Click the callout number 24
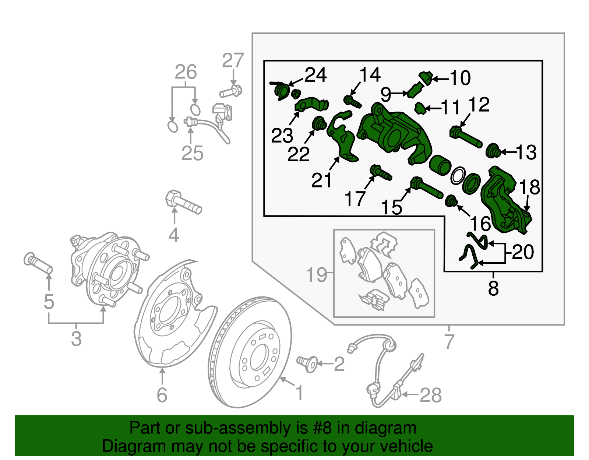coord(316,75)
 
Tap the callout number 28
coord(430,396)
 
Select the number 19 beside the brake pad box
coord(316,275)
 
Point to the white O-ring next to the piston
coord(458,176)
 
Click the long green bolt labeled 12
coord(466,137)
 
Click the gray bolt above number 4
coord(183,203)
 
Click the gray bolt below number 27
coord(231,91)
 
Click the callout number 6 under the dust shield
coord(162,395)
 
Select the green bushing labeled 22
coord(319,123)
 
